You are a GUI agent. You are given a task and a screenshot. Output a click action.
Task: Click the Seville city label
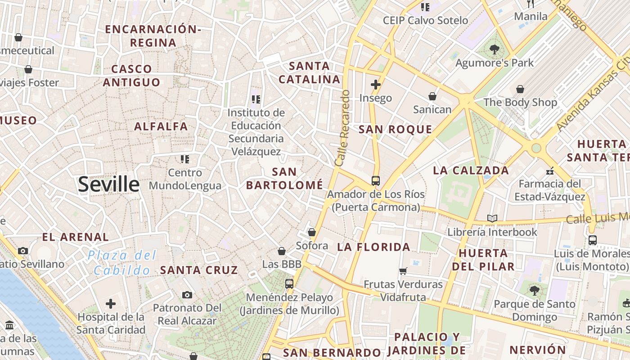click(x=109, y=184)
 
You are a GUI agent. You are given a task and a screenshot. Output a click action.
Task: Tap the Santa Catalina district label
click(x=310, y=73)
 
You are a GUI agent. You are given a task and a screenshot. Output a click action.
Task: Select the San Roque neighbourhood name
click(x=395, y=130)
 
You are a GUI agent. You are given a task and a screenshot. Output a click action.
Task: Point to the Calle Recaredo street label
click(x=342, y=127)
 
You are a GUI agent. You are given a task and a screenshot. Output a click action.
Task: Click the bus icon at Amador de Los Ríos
click(x=376, y=181)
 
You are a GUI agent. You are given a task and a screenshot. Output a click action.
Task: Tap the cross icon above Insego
click(x=376, y=84)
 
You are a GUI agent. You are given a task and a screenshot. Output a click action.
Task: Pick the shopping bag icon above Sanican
click(x=432, y=96)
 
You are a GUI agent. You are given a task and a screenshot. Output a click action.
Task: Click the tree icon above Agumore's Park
click(x=494, y=49)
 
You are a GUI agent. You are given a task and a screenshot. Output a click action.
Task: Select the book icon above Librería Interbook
click(x=492, y=219)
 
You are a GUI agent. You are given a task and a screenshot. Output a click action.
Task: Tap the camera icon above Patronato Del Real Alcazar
click(x=187, y=295)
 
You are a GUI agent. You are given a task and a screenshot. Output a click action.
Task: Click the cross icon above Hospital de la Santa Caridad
click(x=111, y=304)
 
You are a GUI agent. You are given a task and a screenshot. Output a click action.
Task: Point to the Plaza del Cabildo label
click(x=122, y=263)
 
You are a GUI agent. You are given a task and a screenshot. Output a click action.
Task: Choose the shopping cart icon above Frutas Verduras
click(x=403, y=271)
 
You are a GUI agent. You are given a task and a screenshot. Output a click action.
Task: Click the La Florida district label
click(x=373, y=247)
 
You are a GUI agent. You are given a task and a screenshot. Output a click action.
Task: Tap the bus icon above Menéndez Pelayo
click(x=289, y=284)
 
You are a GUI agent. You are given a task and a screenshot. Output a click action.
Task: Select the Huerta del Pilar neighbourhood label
click(x=486, y=260)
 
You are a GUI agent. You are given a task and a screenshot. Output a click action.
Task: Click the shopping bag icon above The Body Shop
click(x=520, y=89)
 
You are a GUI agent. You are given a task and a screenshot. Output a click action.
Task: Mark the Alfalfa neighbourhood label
click(x=161, y=126)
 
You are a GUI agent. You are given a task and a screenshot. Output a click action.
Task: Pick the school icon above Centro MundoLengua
click(x=185, y=159)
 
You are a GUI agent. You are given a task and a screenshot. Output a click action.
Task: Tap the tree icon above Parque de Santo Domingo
click(x=535, y=291)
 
